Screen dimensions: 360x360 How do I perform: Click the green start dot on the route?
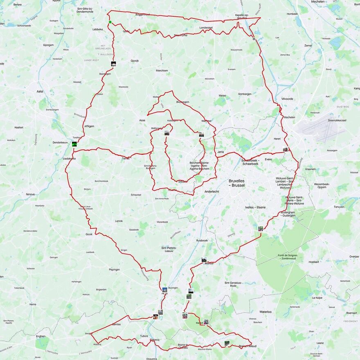[x=110, y=22]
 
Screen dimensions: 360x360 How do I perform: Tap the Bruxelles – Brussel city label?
[x=236, y=182]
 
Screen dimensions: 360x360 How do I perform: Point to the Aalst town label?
[x=40, y=92]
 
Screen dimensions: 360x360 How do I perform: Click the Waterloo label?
[x=265, y=312]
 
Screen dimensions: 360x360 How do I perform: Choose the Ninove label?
[x=30, y=194]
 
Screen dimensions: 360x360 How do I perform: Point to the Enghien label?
[x=41, y=336]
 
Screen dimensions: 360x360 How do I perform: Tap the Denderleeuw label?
[x=60, y=142]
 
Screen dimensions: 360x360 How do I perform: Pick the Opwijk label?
[x=135, y=61]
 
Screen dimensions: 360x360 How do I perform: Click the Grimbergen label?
[x=245, y=94]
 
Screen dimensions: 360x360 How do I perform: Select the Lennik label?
[x=119, y=221]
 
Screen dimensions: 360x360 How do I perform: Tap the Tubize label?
[x=144, y=336]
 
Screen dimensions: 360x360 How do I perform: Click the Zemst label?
[x=308, y=46]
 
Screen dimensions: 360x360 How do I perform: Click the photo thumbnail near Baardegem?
[x=113, y=64]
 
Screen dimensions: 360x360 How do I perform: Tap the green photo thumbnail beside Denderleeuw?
[x=74, y=144]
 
